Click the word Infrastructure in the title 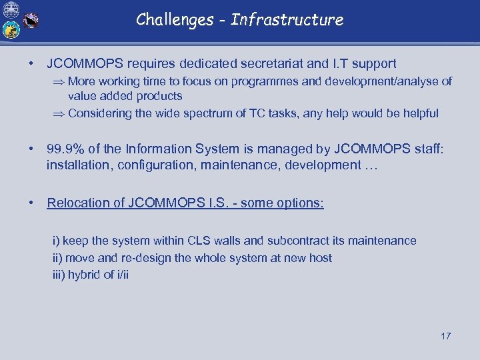point(287,19)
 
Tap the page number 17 point(445,336)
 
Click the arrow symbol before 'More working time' point(59,82)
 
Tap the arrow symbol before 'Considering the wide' point(59,114)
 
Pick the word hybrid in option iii point(83,275)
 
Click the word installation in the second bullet point(78,165)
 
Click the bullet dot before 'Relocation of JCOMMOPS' point(32,203)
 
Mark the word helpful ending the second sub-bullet point(419,113)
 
